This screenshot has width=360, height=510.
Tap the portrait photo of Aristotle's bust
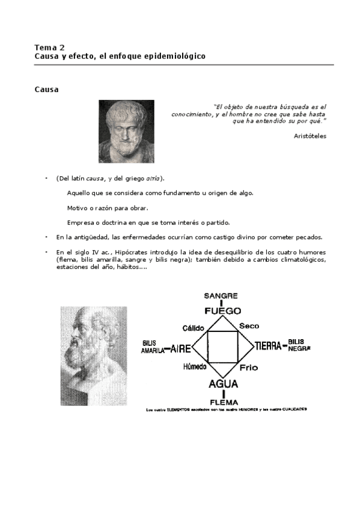tap(126, 131)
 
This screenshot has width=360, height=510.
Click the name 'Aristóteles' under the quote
tap(310, 136)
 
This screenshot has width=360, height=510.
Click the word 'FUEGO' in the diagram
tap(222, 310)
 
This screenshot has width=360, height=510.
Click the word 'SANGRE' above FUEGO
tap(221, 295)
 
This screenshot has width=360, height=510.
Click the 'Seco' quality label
tap(249, 325)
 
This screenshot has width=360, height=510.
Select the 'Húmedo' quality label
tap(194, 366)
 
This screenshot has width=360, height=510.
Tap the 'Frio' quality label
tap(249, 367)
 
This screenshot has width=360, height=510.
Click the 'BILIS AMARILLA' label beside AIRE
tap(152, 347)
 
